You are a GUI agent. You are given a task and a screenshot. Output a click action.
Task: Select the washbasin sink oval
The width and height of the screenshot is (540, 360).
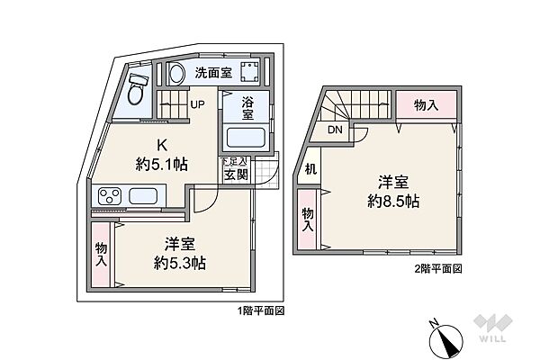pos(177,73)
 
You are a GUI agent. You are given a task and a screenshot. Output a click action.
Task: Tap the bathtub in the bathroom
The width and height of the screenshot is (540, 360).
pos(245,138)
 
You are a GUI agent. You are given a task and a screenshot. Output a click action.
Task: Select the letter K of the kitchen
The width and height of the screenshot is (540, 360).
pos(162,143)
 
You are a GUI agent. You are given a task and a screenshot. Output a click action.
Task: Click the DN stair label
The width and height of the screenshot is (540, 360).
pos(334,130)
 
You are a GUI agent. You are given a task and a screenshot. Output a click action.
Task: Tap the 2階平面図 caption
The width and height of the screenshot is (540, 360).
pos(438,269)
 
